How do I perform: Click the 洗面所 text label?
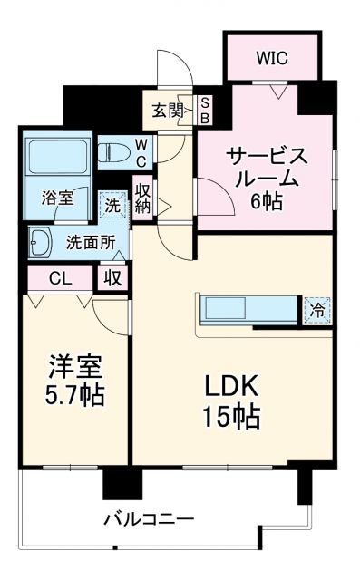click(x=90, y=242)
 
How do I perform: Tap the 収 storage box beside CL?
click(x=112, y=276)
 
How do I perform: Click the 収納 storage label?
click(x=142, y=198)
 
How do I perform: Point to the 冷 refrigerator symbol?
click(x=317, y=309)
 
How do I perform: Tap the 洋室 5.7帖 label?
click(x=75, y=381)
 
